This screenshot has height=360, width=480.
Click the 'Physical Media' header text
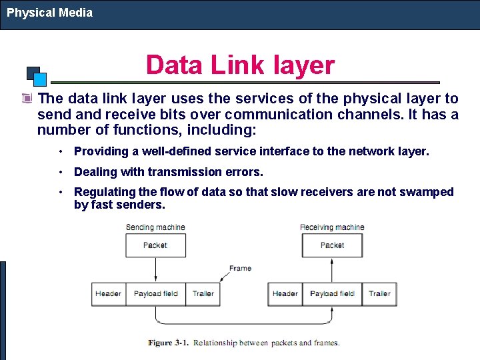49,13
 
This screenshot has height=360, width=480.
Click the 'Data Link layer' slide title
240,65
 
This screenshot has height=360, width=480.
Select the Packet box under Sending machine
155,245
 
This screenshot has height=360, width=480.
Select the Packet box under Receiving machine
332,245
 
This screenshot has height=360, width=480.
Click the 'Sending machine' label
155,227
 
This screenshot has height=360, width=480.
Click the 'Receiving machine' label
332,227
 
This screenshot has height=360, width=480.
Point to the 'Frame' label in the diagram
240,269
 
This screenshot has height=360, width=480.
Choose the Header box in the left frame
108,294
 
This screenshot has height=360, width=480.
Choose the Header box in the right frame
285,294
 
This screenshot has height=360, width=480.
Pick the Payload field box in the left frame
156,294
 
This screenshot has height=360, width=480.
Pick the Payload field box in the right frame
333,294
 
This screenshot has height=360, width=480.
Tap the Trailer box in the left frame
203,294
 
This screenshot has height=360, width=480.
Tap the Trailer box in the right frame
379,294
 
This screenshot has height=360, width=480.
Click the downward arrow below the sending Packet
155,269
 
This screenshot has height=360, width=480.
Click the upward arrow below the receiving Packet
328,269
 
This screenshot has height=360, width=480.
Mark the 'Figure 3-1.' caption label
169,343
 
